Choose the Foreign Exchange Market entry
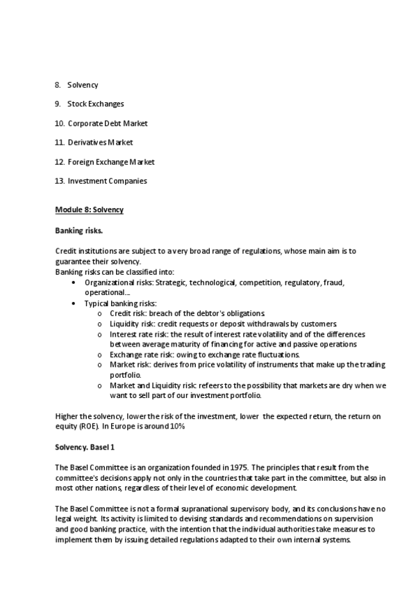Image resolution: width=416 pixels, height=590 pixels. click(x=110, y=162)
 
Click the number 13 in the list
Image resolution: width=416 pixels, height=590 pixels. click(x=59, y=182)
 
